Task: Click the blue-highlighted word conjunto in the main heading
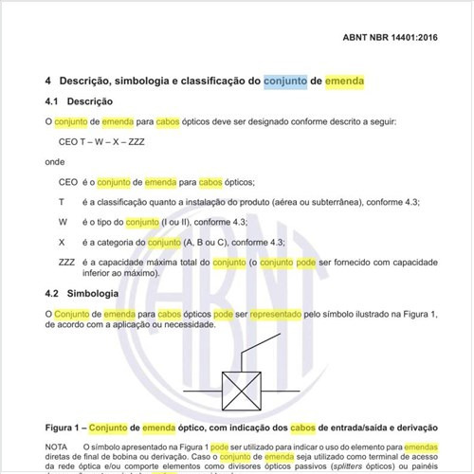click(284, 82)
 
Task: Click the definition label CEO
click(68, 182)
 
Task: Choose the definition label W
click(63, 222)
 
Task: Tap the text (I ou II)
click(180, 222)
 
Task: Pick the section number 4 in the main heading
click(48, 82)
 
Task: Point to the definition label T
click(62, 202)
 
